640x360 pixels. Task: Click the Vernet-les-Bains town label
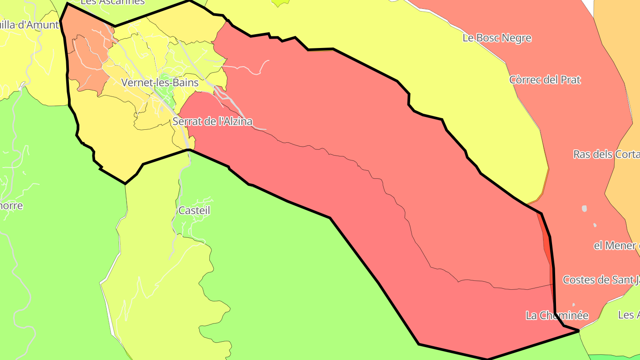(160, 83)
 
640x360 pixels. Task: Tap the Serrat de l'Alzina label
(212, 121)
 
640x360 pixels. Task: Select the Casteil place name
(194, 210)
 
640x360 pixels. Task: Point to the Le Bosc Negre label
(497, 38)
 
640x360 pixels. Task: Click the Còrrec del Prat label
(545, 80)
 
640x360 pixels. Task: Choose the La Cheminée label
(557, 316)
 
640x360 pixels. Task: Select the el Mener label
(616, 245)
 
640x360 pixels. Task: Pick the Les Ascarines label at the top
(113, 2)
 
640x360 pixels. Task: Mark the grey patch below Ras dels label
(584, 208)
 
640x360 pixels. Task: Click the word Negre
(516, 38)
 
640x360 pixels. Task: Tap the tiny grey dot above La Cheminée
(573, 305)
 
